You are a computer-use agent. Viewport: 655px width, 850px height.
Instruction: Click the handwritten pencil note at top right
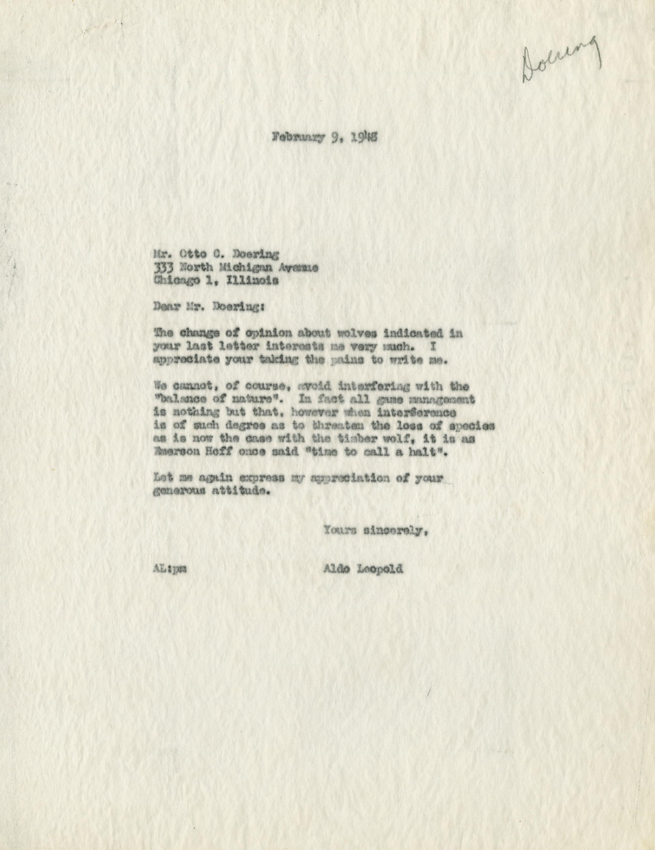(560, 61)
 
